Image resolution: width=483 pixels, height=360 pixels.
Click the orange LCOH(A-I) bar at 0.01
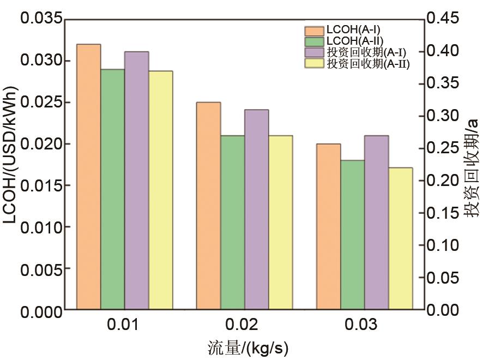tap(88, 177)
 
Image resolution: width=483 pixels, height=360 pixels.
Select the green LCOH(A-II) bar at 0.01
tap(112, 189)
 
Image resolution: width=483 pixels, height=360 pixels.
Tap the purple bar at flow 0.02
tap(256, 209)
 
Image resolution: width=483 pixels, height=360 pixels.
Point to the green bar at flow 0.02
tap(232, 223)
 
